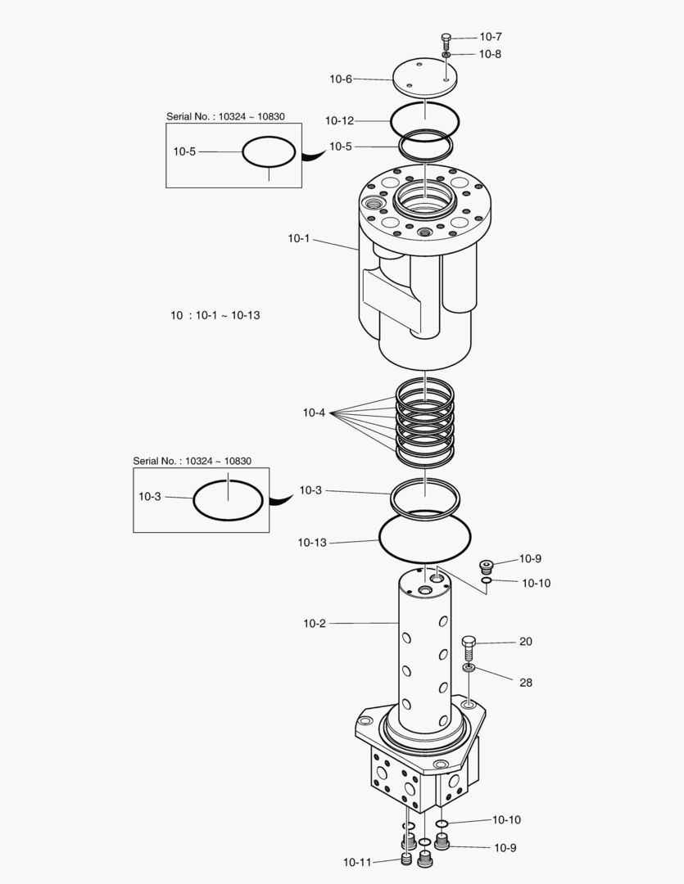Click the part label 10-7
491,37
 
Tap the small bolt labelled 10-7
446,41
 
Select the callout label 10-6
341,79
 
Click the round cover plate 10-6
424,77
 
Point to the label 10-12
339,120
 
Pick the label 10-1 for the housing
299,238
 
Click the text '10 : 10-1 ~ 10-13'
215,314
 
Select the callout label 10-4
314,413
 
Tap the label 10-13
312,542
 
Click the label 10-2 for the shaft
315,623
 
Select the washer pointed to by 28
469,669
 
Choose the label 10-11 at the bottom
357,862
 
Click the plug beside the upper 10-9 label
487,566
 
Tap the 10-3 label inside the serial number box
150,496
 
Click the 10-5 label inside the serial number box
184,151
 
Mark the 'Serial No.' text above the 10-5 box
225,116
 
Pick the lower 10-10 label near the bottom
506,819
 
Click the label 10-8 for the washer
491,54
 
